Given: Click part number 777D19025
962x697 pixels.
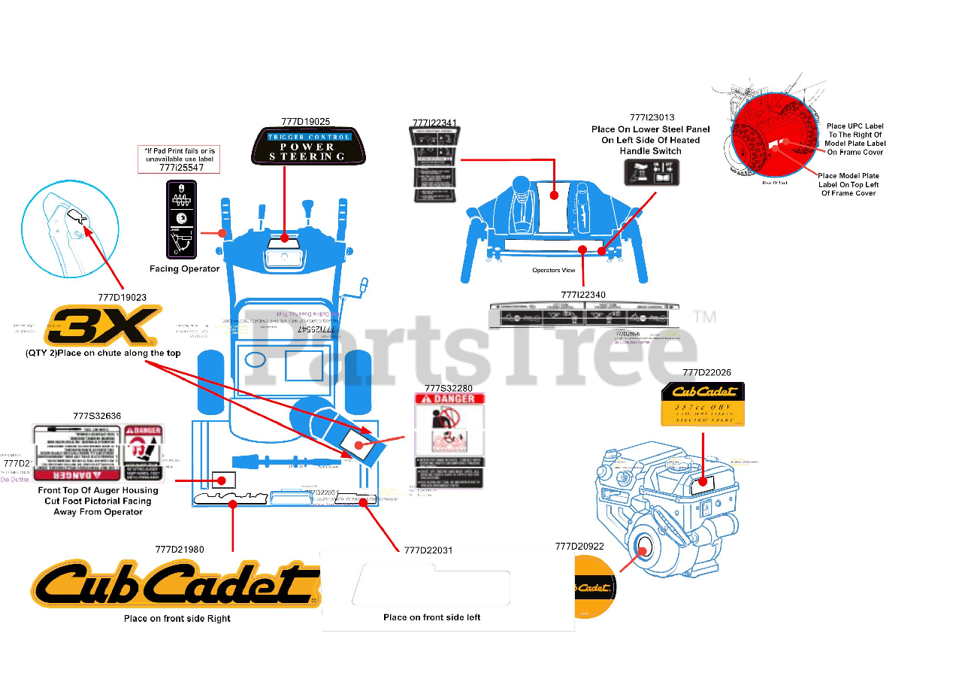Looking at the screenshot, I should [305, 121].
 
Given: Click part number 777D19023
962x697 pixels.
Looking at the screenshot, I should [122, 297].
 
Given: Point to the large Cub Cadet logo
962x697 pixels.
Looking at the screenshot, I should [175, 584].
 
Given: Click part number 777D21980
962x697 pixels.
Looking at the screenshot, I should [180, 549].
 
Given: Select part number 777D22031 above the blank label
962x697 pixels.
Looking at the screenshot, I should [428, 550].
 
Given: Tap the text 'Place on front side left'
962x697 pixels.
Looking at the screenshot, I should [431, 617].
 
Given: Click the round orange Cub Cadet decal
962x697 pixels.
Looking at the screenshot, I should [594, 587].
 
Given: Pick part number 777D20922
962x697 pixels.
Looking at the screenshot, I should [579, 547].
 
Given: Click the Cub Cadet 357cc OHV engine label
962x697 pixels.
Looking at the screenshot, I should [702, 405].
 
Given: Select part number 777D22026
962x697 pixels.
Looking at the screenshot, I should [706, 372].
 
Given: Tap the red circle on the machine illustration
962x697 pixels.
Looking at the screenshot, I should [774, 135].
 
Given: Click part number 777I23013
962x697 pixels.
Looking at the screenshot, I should [652, 117].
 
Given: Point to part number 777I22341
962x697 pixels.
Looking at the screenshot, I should [434, 123].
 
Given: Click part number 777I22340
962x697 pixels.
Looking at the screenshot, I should [583, 295].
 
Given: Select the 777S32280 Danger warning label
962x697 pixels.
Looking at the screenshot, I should [449, 441].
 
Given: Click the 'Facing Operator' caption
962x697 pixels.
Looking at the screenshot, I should [184, 268].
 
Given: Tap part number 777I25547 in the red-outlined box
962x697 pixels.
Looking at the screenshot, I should [178, 168].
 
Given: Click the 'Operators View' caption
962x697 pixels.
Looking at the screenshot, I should [553, 270].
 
